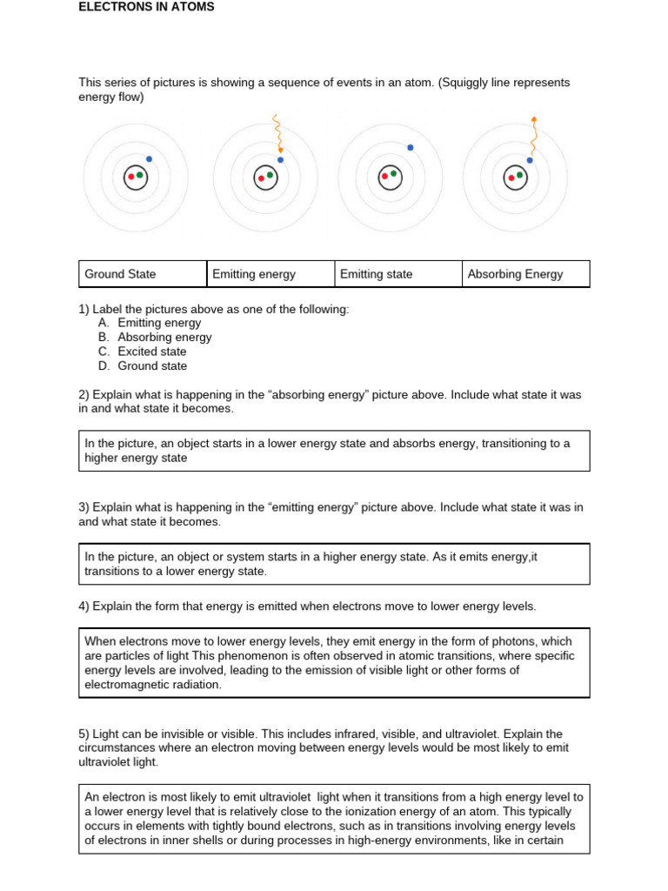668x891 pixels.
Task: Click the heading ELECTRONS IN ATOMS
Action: [146, 7]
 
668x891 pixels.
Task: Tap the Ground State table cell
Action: [142, 274]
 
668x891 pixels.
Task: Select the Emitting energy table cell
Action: [270, 274]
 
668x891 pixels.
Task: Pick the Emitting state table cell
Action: [397, 274]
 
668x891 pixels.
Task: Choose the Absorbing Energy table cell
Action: [525, 274]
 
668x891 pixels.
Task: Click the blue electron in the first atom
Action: [150, 159]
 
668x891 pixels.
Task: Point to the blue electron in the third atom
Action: [411, 148]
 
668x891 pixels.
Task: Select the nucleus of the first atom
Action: [136, 177]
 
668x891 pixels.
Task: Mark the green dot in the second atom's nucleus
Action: [270, 175]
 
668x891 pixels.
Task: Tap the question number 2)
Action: [83, 395]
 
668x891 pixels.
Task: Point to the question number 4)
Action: [83, 606]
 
